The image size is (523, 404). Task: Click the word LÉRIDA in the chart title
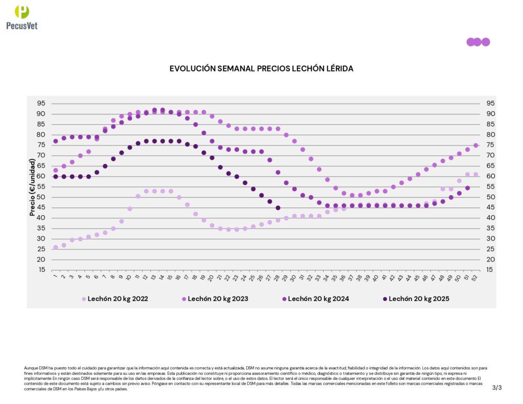(337, 68)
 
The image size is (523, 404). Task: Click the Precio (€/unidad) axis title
(32, 186)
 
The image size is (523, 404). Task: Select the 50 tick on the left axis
(41, 197)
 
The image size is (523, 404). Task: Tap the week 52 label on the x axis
(476, 277)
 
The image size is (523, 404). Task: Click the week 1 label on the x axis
(55, 277)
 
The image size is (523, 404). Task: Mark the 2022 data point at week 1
(56, 247)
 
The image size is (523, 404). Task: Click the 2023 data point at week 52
(476, 146)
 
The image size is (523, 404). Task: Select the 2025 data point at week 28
(278, 208)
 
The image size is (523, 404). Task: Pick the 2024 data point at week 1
(56, 141)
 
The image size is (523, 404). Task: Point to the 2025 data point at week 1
(56, 177)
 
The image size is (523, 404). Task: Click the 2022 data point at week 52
(476, 174)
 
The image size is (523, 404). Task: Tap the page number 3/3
(497, 388)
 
